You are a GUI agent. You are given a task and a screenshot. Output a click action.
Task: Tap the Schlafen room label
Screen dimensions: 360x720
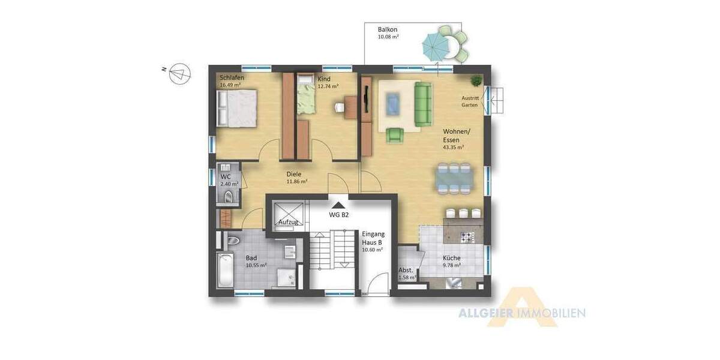coord(231,78)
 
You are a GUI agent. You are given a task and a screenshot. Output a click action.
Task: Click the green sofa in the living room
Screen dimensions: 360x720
coord(423,104)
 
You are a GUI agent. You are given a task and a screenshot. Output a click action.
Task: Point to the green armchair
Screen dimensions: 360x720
coord(395,136)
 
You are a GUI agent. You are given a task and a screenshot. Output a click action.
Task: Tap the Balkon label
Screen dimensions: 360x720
coord(388,29)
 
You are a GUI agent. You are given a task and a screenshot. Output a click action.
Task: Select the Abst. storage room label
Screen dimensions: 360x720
coord(406,270)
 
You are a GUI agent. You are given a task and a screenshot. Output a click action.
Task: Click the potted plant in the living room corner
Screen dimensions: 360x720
coord(476,80)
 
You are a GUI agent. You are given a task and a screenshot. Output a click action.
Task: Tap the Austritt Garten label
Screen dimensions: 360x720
coord(470,101)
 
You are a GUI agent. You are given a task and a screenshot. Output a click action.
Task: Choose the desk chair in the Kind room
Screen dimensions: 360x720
coord(340,107)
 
